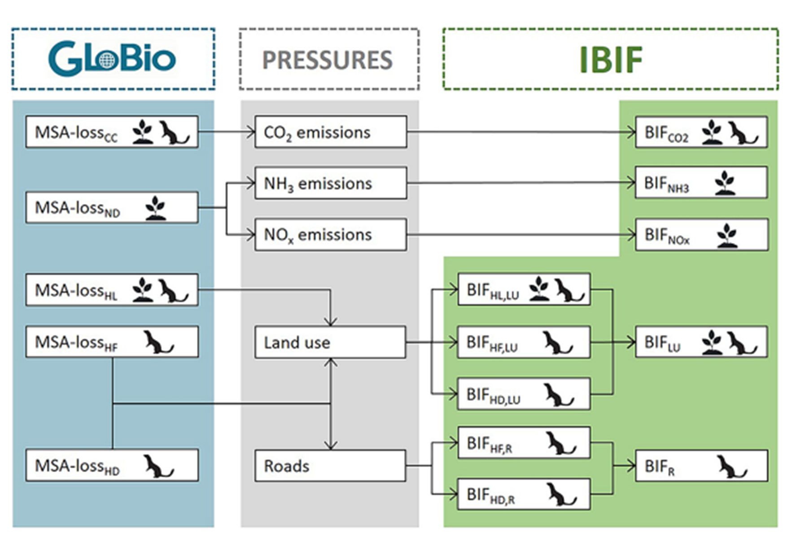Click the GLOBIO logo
(x=112, y=58)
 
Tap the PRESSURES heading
(x=327, y=60)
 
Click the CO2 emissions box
(x=331, y=132)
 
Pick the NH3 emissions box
(x=331, y=183)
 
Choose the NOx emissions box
(x=331, y=234)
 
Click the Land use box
(x=330, y=342)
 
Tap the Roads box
(x=330, y=466)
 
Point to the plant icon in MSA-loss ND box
(x=155, y=208)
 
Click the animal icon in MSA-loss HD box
(x=158, y=466)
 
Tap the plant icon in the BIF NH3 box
(x=725, y=183)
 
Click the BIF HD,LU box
(x=523, y=394)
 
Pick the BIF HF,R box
(x=523, y=443)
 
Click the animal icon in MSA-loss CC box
(x=174, y=132)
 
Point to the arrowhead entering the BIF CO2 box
(x=632, y=132)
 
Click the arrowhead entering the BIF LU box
(x=631, y=342)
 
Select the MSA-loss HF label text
(x=76, y=343)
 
